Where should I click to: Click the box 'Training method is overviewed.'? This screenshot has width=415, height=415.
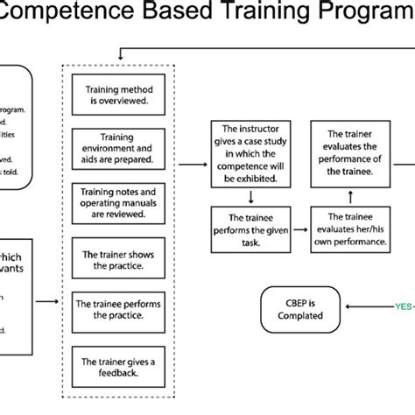117,95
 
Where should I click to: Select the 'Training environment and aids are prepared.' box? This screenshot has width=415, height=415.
117,148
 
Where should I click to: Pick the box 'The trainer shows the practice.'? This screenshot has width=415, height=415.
117,258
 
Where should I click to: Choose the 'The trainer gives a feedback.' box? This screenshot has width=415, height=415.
117,365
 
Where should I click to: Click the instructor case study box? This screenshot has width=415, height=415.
251,154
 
